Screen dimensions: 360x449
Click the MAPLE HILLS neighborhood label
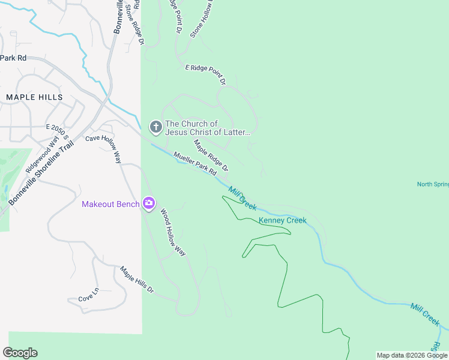tap(34, 97)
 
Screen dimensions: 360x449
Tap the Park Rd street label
tap(13, 58)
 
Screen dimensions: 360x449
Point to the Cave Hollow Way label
tap(105, 146)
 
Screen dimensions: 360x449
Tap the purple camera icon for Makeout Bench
tap(148, 204)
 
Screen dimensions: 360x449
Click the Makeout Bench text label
tap(111, 205)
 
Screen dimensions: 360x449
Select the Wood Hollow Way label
tap(172, 233)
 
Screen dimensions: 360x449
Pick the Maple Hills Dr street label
tap(137, 281)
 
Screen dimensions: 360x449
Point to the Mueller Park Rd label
tap(194, 164)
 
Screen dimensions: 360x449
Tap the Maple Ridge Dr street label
tap(211, 155)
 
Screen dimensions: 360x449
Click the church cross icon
tap(155, 127)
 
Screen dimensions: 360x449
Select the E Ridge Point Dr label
tap(205, 73)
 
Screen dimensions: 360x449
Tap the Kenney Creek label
tap(282, 220)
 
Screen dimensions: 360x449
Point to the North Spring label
tap(432, 184)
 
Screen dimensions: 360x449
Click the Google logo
tap(20, 353)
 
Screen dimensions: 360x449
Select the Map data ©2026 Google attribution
tap(412, 355)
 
